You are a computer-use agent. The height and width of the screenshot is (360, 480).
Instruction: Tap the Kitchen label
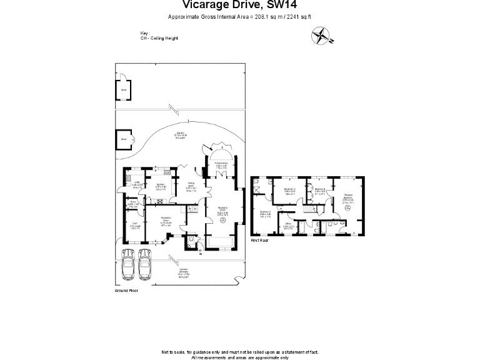click(x=161, y=186)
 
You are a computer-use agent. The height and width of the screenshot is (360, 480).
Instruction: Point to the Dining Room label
click(x=192, y=186)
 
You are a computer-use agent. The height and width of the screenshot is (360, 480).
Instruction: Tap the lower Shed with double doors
click(x=124, y=139)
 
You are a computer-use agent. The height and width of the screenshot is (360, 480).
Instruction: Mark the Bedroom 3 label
click(x=289, y=191)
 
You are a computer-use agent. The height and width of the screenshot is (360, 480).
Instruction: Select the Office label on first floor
click(x=288, y=226)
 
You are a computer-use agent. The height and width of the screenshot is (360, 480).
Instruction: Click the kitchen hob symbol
click(x=160, y=201)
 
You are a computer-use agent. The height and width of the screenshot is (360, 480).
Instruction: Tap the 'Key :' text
click(x=146, y=34)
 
